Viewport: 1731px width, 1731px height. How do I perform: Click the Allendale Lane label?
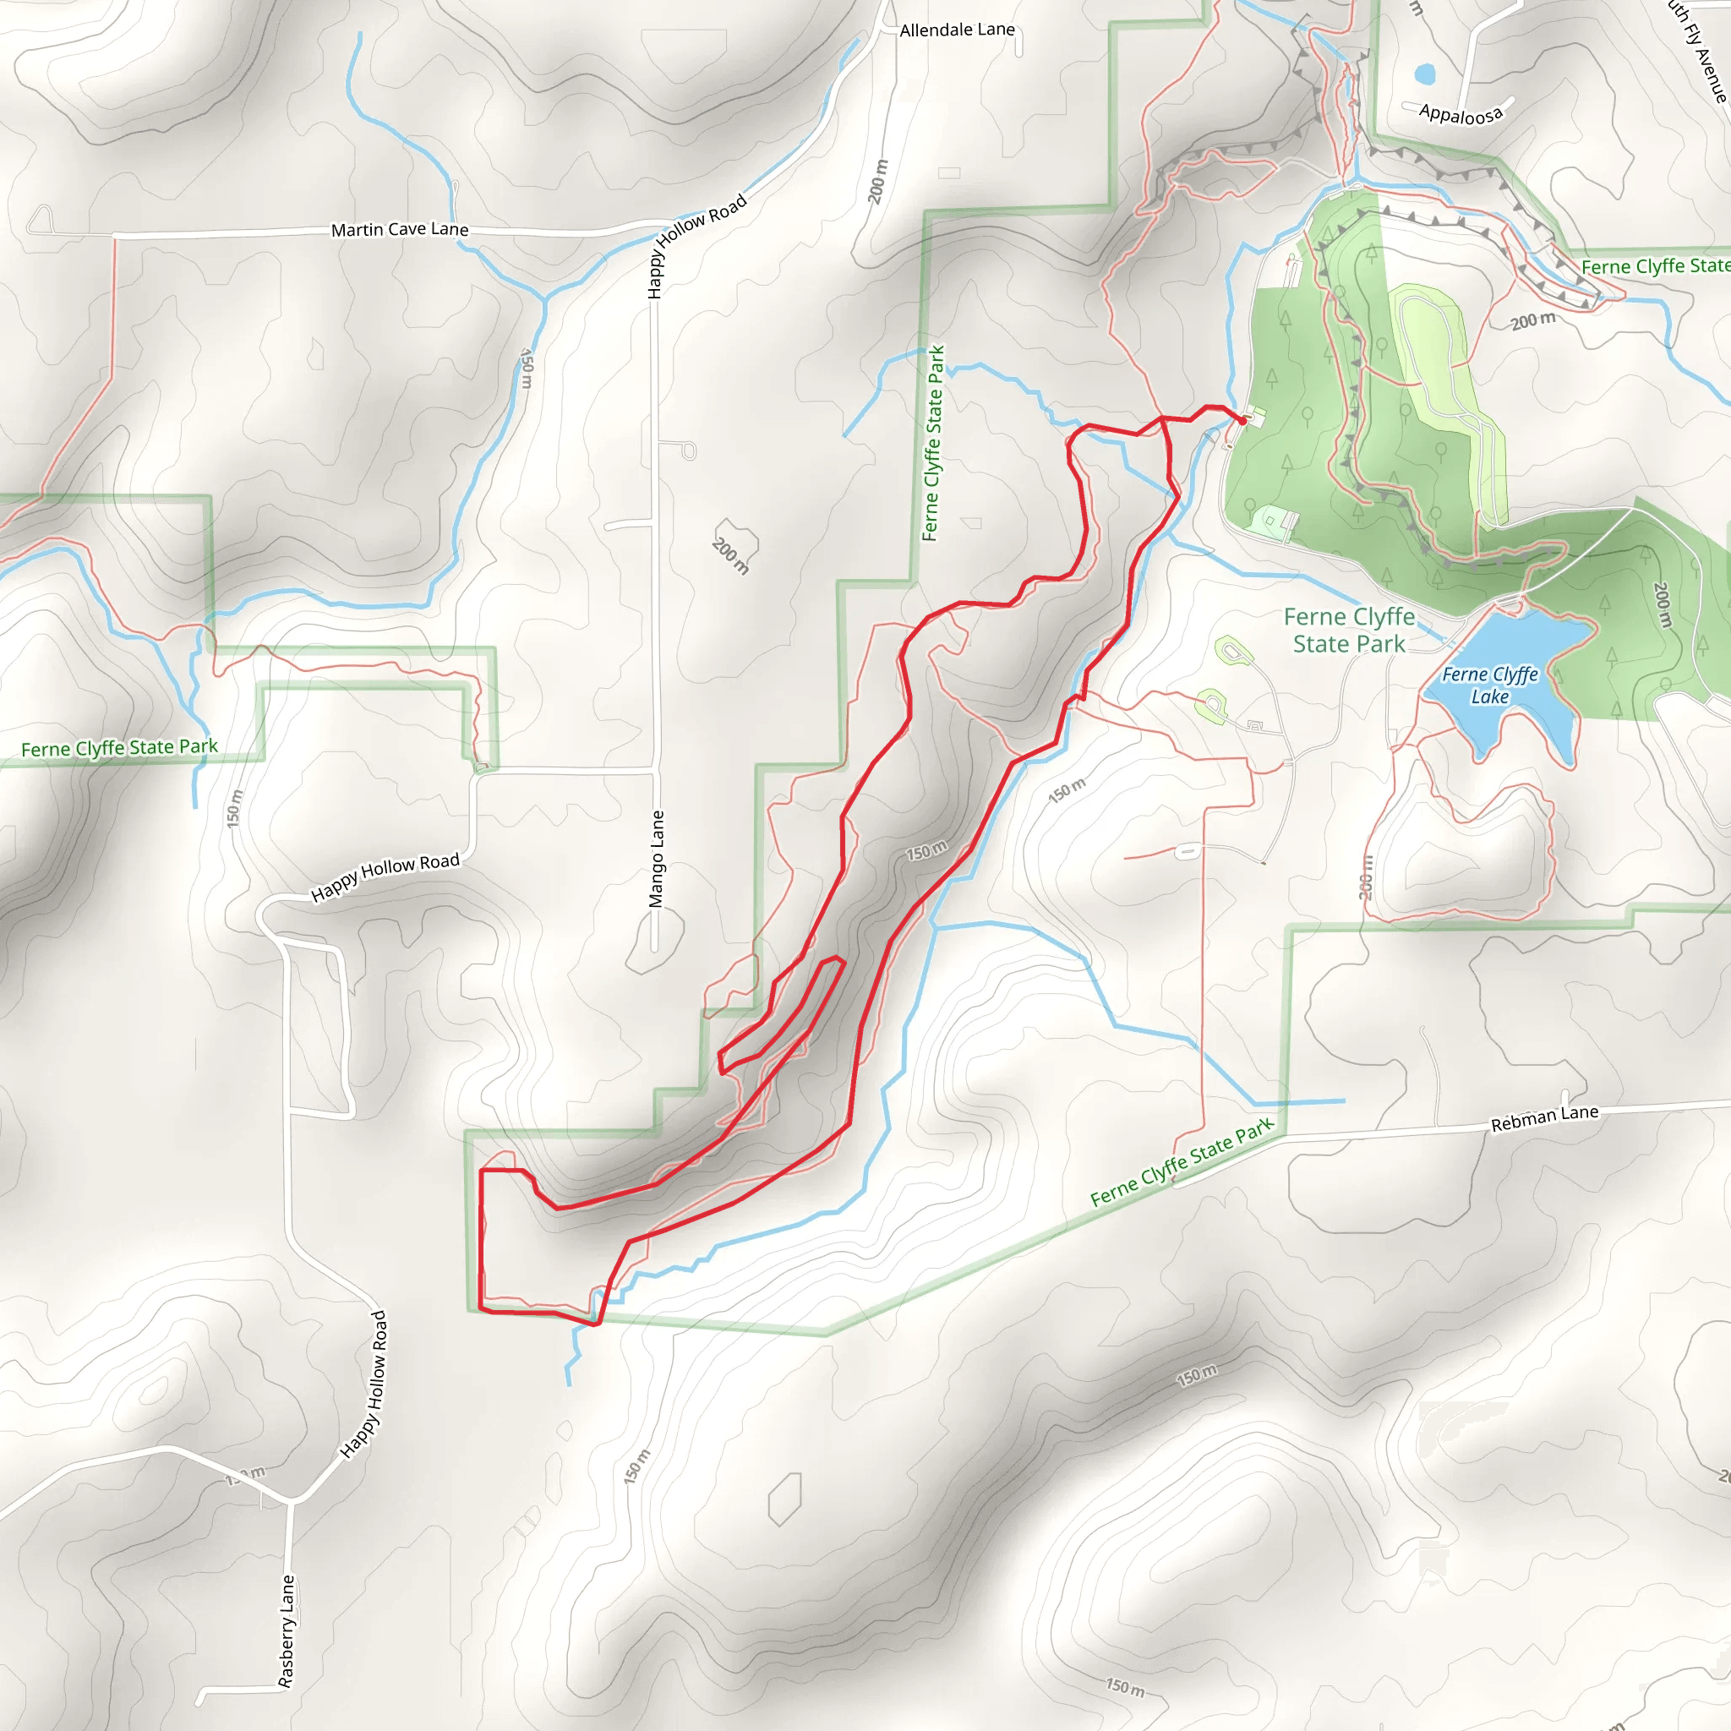957,30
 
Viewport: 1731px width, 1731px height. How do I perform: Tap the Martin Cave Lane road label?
400,229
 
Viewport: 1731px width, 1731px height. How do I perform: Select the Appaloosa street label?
1461,114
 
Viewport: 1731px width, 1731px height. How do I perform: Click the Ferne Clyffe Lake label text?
1489,685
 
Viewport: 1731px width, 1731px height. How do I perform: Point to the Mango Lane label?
657,859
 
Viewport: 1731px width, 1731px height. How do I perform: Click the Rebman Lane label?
1543,1118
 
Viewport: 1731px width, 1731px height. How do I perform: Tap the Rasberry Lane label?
286,1631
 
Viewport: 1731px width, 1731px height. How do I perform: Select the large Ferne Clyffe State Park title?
1348,630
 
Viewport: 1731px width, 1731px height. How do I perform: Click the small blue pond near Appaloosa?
1423,73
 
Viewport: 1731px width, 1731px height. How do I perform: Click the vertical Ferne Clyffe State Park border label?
933,444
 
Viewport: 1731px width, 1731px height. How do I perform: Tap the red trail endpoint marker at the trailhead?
1242,418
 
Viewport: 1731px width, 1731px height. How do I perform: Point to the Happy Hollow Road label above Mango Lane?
696,244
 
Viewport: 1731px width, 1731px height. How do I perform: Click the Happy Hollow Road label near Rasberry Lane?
364,1384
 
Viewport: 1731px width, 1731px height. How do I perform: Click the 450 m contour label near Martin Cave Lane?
527,369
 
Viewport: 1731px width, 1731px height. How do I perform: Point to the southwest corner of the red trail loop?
482,1309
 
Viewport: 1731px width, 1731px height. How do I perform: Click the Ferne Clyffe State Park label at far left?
119,747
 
